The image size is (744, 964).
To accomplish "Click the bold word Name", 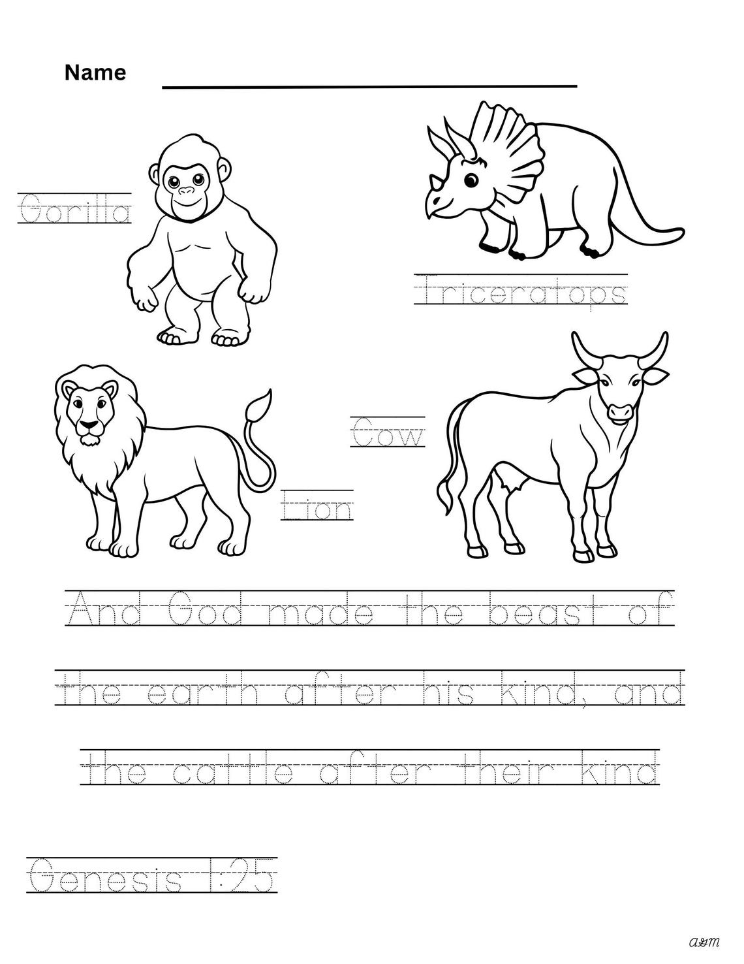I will tap(95, 72).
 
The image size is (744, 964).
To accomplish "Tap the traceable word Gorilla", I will tap(74, 210).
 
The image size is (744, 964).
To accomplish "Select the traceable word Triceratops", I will tap(520, 292).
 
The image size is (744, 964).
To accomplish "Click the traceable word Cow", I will tap(388, 434).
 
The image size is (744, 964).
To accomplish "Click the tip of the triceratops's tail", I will tap(681, 231).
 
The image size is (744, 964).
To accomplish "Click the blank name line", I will tap(369, 86).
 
